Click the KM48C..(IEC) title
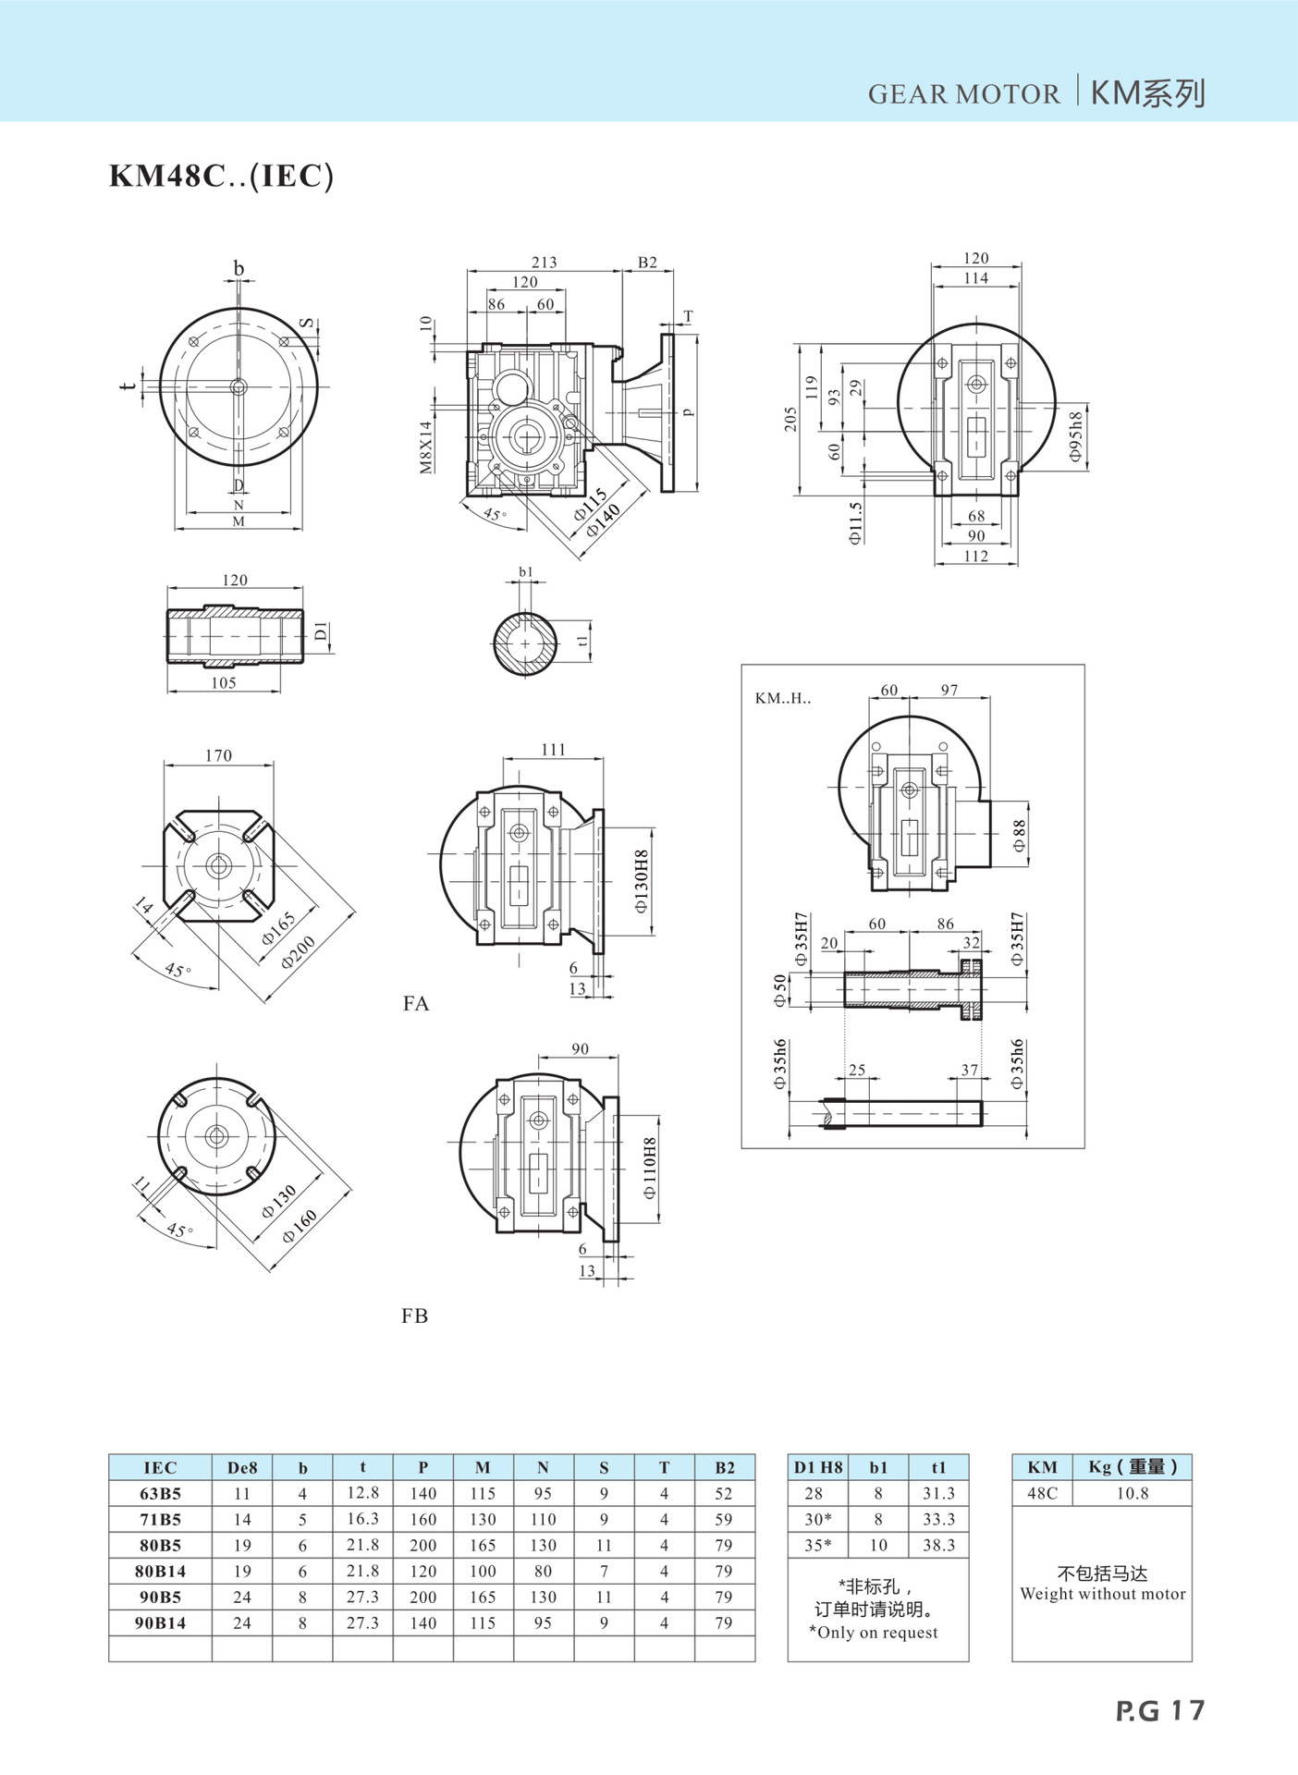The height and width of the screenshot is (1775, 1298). click(221, 176)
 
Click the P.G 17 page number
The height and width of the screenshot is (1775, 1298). click(1160, 1710)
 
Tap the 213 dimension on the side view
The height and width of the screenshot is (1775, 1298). click(544, 263)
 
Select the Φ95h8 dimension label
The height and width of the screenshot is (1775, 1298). click(1075, 437)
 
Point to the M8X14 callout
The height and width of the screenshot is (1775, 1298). click(425, 447)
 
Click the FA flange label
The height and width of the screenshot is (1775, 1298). click(416, 1003)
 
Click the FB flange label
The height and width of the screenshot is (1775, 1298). click(415, 1316)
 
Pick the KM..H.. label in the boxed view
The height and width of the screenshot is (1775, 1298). click(783, 698)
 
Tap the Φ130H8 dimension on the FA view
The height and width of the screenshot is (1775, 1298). click(642, 882)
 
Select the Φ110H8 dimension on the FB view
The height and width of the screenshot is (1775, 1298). click(650, 1168)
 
